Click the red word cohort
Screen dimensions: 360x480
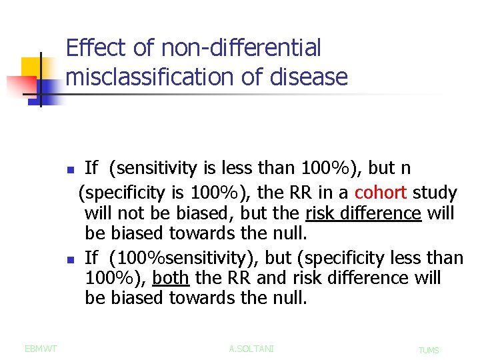click(381, 193)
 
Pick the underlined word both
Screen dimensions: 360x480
click(171, 278)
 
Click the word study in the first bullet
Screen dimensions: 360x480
click(435, 193)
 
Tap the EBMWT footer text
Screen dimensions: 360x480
click(40, 348)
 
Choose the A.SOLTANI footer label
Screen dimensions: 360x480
click(251, 348)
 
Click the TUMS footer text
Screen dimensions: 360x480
click(429, 350)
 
